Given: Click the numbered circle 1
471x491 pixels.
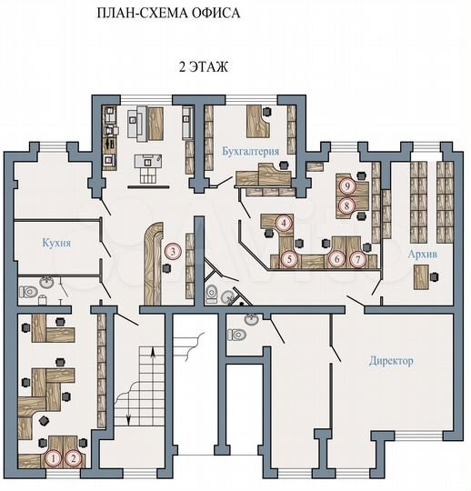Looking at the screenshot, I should pos(54,459).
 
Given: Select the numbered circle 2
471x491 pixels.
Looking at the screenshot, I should pos(74,459).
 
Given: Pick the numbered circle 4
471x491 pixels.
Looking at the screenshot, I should pos(285,223).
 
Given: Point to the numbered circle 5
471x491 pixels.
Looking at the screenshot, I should pos(289,259).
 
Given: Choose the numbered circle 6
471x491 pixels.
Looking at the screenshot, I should pos(337,259).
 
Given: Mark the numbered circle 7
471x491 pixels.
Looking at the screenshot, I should pos(358,259).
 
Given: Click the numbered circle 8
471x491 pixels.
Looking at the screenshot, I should pos(346,205).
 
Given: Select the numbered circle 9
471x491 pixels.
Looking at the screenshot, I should pos(346,185).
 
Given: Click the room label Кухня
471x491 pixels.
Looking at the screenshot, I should pos(56,244).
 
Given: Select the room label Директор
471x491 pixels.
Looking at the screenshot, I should pos(391,361).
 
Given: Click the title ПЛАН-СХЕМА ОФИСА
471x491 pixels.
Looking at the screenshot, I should pos(168,15).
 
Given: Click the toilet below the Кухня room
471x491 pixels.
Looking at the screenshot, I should pos(30,293).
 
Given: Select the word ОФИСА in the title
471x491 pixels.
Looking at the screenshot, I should pos(215,15).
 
